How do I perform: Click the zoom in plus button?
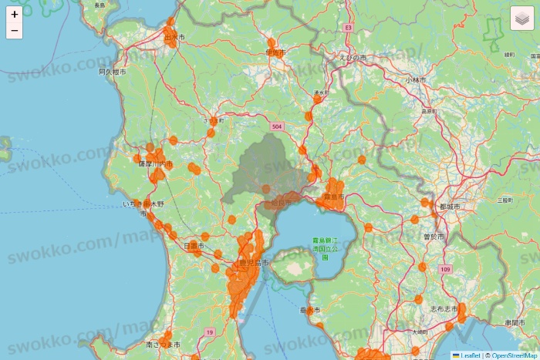(x=15, y=14)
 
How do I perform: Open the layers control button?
(x=521, y=18)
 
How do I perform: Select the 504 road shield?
(x=276, y=125)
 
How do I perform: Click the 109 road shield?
(x=446, y=270)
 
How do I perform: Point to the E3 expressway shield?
(x=349, y=27)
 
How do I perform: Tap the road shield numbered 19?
(x=209, y=331)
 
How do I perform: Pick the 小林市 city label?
(x=417, y=79)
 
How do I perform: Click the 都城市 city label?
(x=449, y=207)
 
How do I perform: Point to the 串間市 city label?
(x=515, y=322)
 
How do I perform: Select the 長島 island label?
(x=100, y=5)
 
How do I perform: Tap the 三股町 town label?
(x=505, y=199)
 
